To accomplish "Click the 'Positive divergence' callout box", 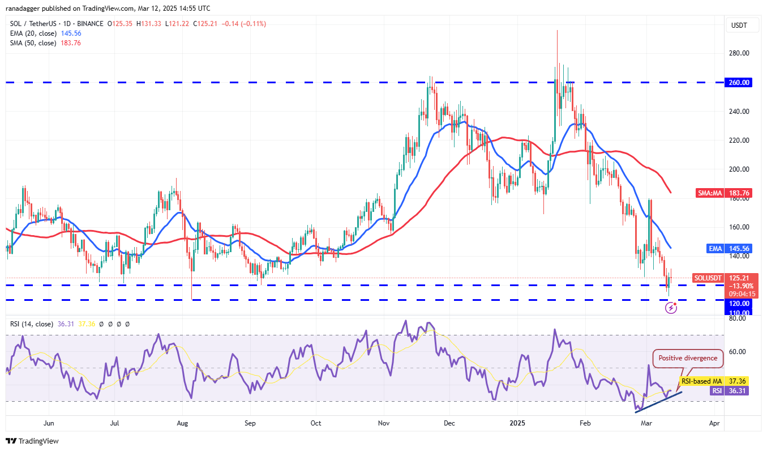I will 688,358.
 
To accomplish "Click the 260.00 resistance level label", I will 739,83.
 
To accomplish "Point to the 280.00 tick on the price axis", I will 739,53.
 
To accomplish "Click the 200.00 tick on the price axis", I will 739,169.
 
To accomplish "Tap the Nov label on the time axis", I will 384,423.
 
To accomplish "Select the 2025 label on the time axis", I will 517,423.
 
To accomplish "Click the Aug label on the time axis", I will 182,423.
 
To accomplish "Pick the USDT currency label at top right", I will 739,25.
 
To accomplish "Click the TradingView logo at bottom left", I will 32,441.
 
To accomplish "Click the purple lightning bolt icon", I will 671,308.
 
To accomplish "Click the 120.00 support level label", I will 739,304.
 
